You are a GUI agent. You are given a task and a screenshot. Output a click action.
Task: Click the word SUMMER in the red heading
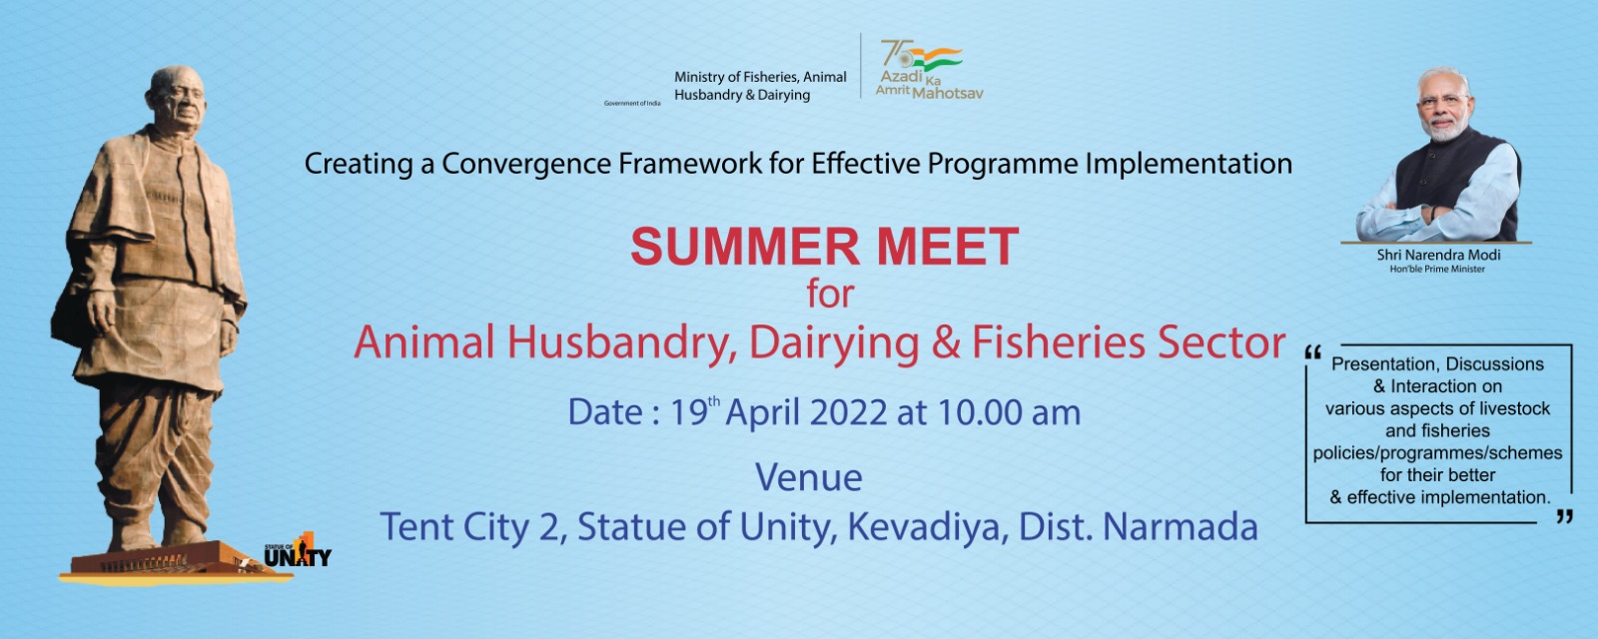point(745,247)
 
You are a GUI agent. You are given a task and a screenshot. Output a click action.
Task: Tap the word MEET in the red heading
point(948,247)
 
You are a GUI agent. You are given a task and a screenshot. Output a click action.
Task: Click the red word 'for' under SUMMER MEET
point(830,294)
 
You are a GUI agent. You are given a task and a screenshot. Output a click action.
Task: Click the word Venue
point(808,478)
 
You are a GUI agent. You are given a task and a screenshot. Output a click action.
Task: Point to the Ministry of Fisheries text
point(760,86)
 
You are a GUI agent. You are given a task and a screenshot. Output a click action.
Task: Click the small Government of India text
point(632,104)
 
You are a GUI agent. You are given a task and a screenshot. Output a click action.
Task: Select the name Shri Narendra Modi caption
point(1438,255)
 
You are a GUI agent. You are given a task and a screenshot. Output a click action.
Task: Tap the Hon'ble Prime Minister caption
point(1437,269)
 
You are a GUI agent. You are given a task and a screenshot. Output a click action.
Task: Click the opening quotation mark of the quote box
point(1312,352)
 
